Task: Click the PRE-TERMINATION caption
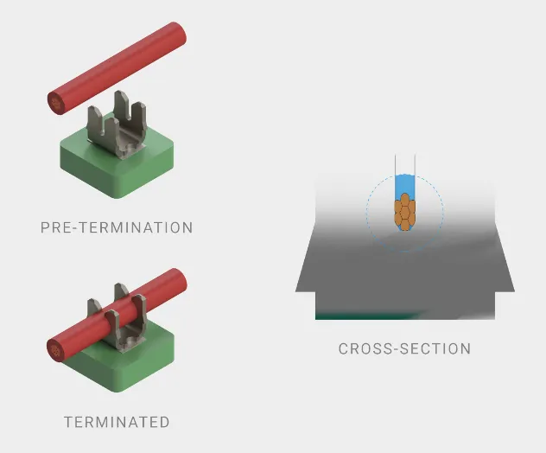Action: (x=117, y=227)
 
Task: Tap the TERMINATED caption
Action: (x=117, y=422)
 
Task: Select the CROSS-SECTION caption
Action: (x=404, y=348)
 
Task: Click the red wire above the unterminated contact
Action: (x=117, y=68)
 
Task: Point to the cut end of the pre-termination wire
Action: (x=56, y=103)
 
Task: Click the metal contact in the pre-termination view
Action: (x=117, y=125)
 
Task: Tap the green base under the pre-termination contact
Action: (x=117, y=163)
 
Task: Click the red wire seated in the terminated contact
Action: (x=117, y=316)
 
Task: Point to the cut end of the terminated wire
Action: (x=55, y=350)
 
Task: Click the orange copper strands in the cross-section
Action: (x=404, y=212)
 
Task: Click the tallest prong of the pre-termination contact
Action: (x=123, y=109)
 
